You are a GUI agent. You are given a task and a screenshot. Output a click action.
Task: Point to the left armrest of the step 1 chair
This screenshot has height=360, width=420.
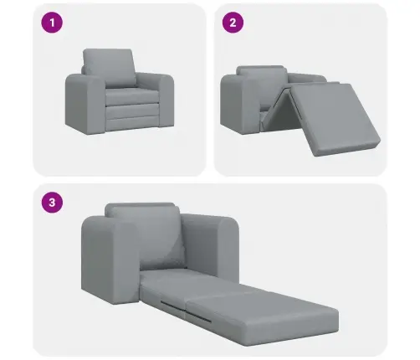pyautogui.click(x=82, y=102)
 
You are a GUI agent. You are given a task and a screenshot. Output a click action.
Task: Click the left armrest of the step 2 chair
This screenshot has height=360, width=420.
pyautogui.click(x=237, y=100)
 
